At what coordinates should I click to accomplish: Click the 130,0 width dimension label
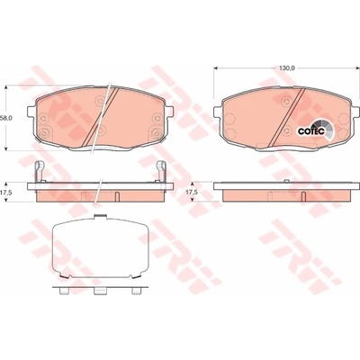[x=287, y=68]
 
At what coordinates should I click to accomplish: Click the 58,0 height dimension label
[x=6, y=118]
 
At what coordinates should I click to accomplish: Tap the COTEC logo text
[x=307, y=131]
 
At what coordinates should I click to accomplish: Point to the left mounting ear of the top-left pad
[x=31, y=112]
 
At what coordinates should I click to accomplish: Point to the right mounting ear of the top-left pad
[x=169, y=112]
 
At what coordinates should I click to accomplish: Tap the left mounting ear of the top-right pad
[x=218, y=112]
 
